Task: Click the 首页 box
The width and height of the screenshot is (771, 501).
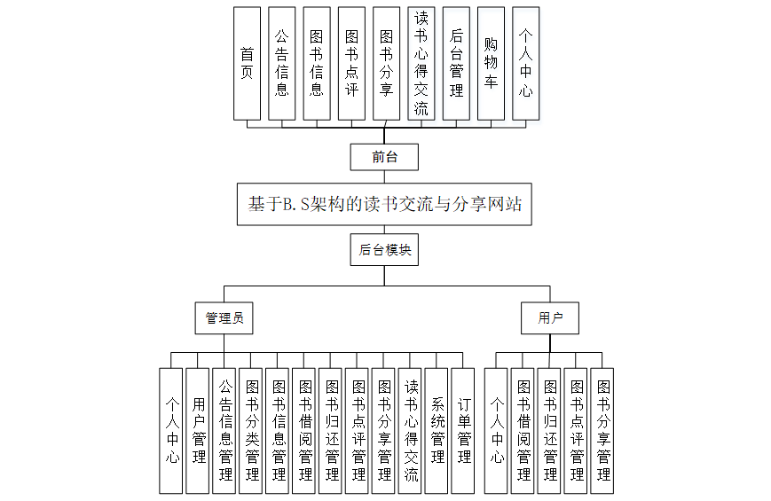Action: coord(247,63)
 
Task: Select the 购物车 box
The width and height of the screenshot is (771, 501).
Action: coord(491,63)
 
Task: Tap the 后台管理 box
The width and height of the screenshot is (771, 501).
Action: coord(456,63)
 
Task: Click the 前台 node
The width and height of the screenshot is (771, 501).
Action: coord(384,158)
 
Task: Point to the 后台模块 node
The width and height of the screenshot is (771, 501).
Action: coord(384,251)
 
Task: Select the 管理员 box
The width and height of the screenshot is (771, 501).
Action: coord(224,317)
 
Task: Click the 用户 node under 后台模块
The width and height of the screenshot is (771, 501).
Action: coord(550,317)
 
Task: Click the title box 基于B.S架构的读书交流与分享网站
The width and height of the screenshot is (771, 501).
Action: coord(384,204)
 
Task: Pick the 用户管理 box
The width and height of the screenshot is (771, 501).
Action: coord(198,430)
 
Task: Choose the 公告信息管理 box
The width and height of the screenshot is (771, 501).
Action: coord(224,430)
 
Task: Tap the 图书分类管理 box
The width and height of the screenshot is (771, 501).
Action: coord(251,430)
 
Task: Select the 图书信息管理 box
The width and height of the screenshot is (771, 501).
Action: coord(278,430)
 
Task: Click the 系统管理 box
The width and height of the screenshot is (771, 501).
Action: coord(437,430)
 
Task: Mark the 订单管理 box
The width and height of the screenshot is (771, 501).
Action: coord(463,430)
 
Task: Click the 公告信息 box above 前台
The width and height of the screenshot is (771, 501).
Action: coord(281,63)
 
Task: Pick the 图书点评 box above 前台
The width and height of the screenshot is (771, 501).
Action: coord(351,63)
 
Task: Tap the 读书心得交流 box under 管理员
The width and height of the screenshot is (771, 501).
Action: coord(410,430)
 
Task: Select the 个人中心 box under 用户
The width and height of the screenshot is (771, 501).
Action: coord(496,430)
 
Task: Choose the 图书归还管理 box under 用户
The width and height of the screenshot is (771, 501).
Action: coord(549,430)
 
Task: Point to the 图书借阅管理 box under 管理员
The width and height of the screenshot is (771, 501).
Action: coord(304,430)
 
